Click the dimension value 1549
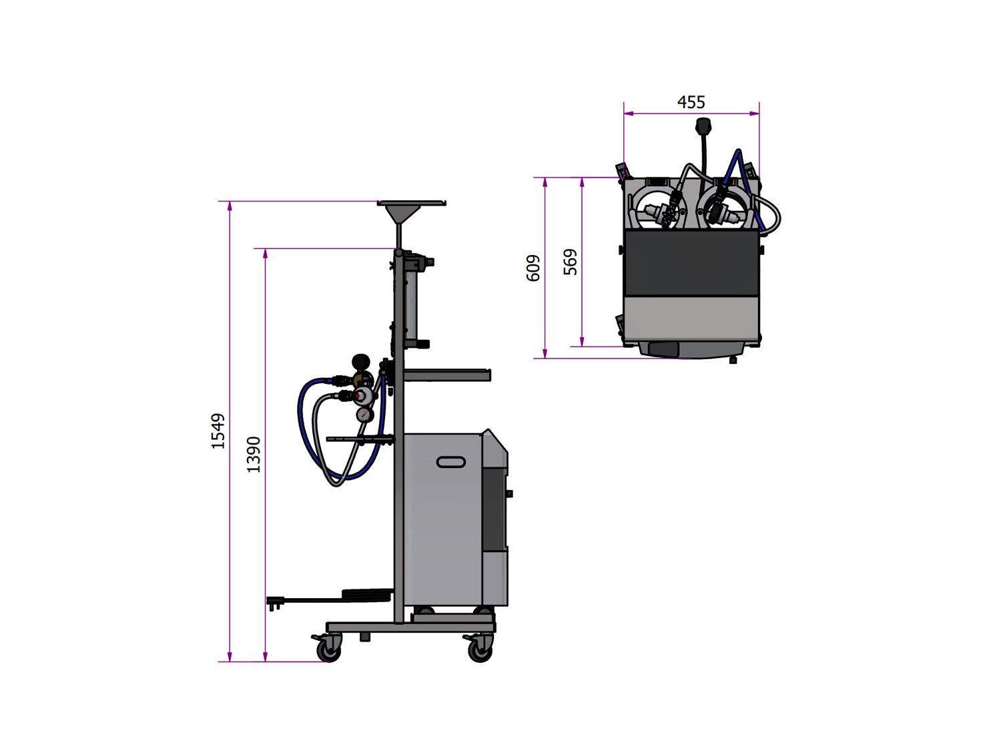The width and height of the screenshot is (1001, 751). pos(218,431)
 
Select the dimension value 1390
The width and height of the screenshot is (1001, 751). pos(254,454)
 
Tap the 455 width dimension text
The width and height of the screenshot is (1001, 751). pos(691,102)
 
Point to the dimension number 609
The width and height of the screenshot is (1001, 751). pos(533,268)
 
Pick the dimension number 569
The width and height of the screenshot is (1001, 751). pos(570,262)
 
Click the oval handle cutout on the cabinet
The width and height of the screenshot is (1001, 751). pos(450,462)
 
